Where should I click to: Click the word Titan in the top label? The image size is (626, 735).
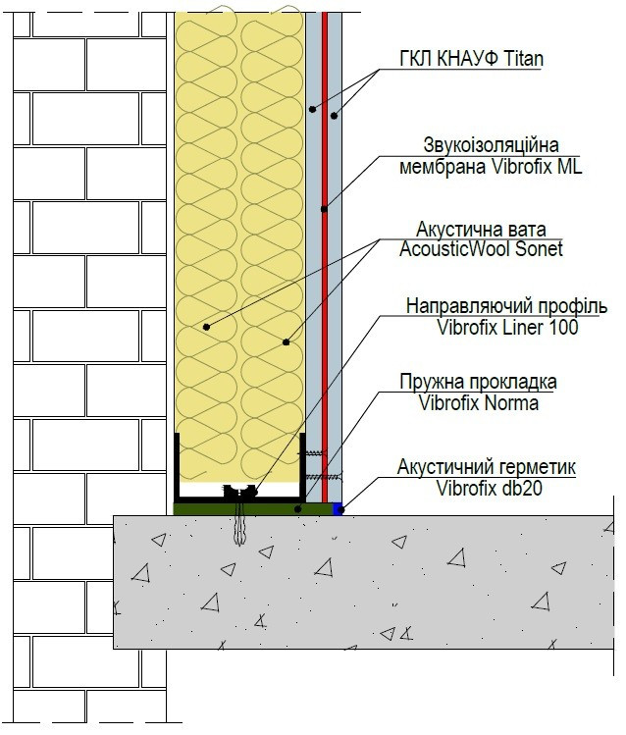click(x=516, y=60)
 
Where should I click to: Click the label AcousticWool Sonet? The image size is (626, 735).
click(x=481, y=249)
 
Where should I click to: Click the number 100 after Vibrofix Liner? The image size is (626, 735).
click(x=561, y=328)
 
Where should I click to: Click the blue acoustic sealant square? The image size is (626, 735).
click(x=339, y=508)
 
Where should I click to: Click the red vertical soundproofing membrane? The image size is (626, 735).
click(x=324, y=294)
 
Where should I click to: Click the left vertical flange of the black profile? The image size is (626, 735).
click(x=178, y=466)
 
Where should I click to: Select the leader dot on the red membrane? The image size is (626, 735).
click(x=324, y=208)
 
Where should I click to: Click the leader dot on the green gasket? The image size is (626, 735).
click(x=298, y=507)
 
